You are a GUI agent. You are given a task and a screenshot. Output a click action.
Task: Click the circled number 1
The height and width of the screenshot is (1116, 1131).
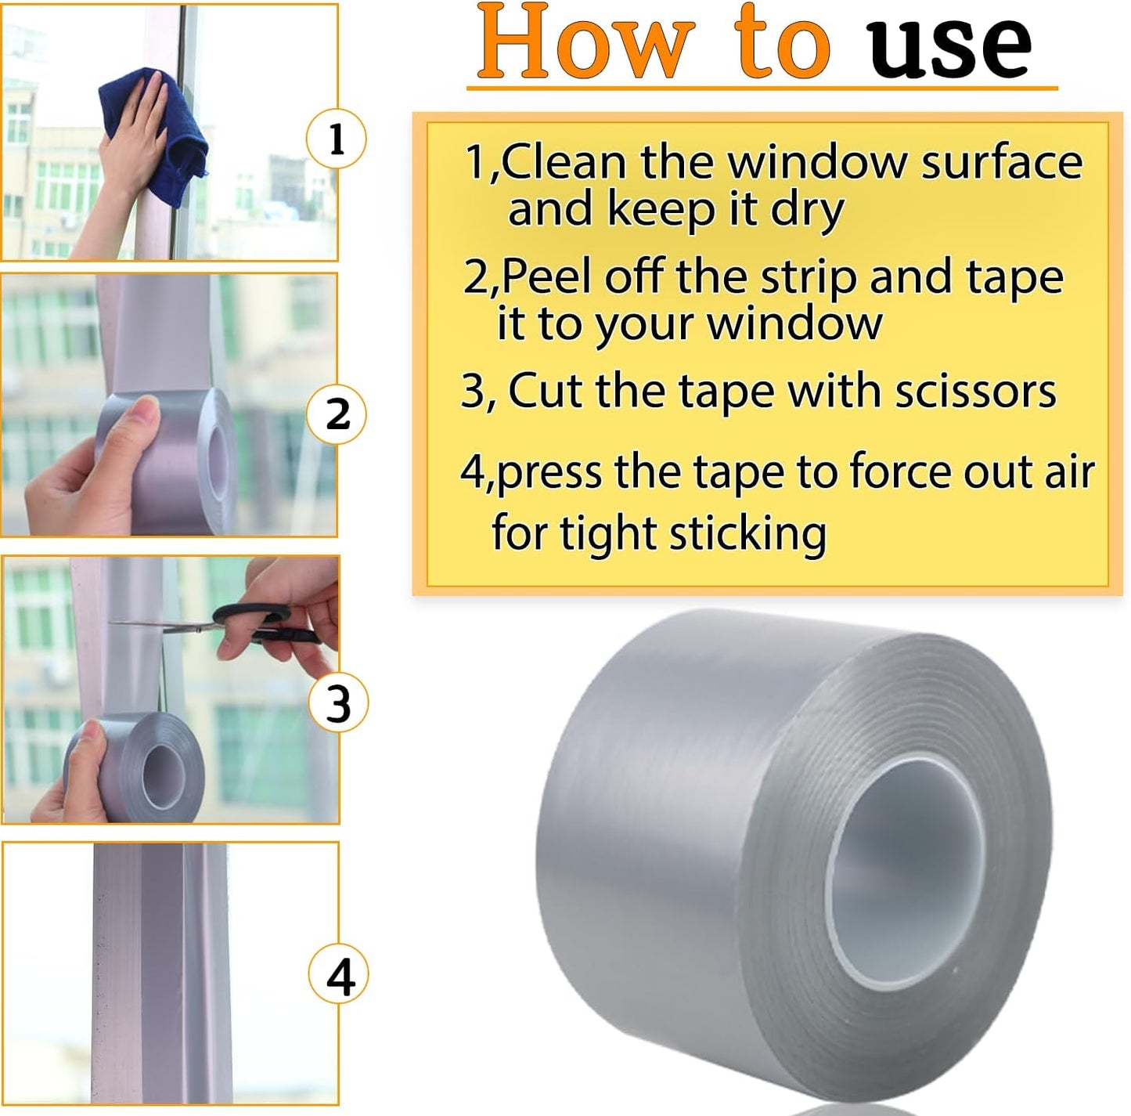pos(336,139)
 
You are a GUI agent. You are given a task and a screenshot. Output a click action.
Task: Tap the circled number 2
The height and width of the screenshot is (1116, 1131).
pos(337,414)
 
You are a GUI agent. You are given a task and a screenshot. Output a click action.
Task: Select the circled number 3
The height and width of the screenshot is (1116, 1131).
pos(338,702)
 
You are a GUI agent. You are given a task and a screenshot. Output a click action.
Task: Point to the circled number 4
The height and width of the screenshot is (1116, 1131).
pos(339,977)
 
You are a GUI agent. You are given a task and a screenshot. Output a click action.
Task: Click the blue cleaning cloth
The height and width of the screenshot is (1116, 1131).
pos(157,133)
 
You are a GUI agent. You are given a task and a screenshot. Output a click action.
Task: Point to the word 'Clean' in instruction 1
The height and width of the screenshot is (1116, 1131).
pos(564,163)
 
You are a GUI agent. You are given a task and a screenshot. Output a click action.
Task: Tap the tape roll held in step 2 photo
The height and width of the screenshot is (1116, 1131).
pos(180,462)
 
